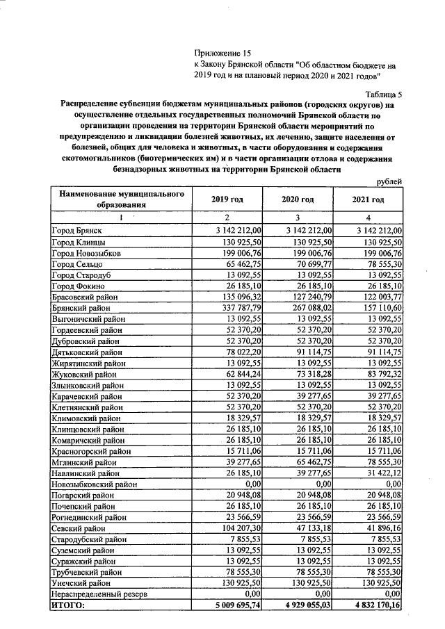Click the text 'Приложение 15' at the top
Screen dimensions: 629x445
point(220,53)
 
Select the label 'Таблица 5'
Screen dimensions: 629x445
point(383,94)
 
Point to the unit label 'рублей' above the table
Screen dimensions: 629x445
point(388,181)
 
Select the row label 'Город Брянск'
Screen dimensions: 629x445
point(77,230)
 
